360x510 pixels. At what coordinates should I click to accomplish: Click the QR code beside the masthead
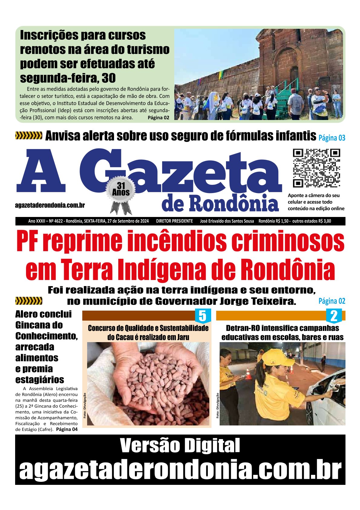[316, 168]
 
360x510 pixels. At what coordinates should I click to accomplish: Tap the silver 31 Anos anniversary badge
[121, 191]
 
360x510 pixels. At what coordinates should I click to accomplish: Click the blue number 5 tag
[202, 316]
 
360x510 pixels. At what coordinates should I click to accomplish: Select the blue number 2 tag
[334, 316]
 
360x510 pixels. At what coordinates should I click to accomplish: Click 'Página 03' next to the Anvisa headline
[332, 138]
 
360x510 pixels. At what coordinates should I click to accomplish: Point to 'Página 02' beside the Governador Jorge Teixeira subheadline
[332, 301]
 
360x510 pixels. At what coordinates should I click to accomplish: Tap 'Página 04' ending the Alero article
[67, 429]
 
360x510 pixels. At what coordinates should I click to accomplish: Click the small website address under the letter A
[50, 205]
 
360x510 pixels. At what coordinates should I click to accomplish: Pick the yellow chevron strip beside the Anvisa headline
[29, 136]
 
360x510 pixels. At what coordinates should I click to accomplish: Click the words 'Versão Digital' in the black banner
[180, 445]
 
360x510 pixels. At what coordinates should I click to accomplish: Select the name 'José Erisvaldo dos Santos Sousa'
[227, 221]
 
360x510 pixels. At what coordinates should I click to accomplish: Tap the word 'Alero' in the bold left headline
[27, 314]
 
